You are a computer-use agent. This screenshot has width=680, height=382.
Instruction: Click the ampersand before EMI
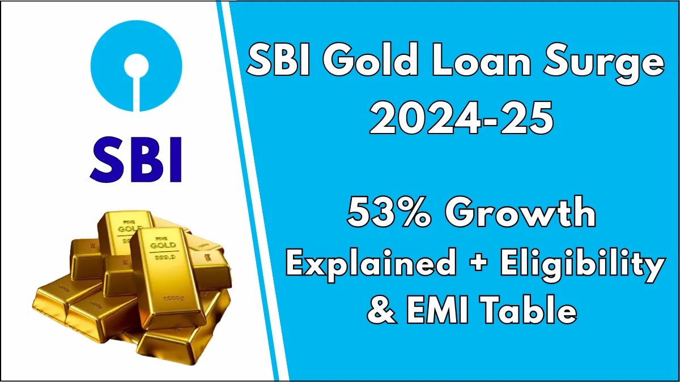383,310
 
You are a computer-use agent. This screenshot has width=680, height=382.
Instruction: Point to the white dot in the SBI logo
136,63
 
